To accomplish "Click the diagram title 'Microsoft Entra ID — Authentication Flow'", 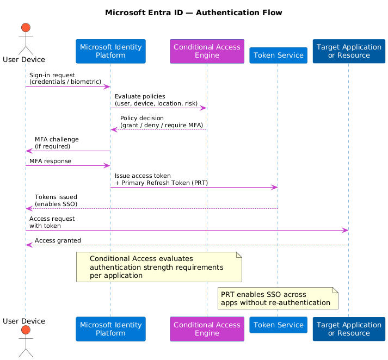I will pos(194,13).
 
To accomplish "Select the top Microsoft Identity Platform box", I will pos(110,51).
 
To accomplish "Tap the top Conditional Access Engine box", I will pos(207,51).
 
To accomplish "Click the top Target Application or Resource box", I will pos(349,51).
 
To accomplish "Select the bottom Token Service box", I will pos(278,325).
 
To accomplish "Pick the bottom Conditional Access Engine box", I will pos(207,329).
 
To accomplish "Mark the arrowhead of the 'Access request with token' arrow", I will pos(345,231).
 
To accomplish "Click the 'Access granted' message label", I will pos(58,240).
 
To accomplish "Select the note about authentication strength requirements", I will pos(158,267).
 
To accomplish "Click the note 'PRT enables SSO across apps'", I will pos(278,298).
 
